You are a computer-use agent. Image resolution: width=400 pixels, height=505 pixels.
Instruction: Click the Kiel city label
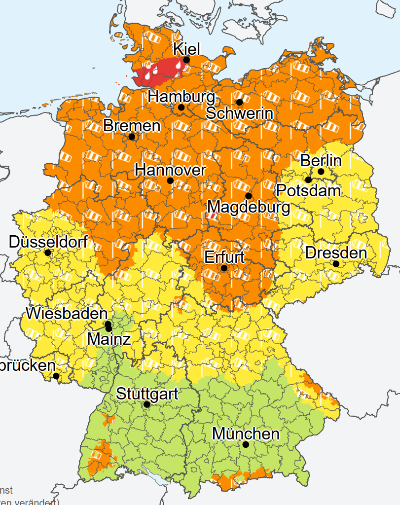[x=186, y=49]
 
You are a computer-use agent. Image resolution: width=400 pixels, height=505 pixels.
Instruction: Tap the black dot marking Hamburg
[x=181, y=107]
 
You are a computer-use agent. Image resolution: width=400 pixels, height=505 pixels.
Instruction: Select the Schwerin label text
[x=239, y=113]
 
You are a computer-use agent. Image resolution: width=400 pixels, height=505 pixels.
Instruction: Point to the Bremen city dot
[x=132, y=137]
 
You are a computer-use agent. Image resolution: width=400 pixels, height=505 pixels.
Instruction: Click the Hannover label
[x=170, y=171]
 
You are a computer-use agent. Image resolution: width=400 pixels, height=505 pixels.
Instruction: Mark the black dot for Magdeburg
[x=248, y=196]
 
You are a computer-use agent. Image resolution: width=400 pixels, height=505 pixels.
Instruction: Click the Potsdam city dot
[x=308, y=180]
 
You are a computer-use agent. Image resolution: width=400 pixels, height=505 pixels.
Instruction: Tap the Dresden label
[x=336, y=253]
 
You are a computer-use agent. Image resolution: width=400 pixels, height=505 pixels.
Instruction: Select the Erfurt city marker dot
[x=224, y=268]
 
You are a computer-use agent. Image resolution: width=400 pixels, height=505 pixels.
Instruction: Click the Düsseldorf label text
[x=48, y=242]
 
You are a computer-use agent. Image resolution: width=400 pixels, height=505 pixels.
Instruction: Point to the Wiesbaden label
[x=67, y=313]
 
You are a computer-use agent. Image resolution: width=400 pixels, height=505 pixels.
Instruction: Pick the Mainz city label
[x=109, y=339]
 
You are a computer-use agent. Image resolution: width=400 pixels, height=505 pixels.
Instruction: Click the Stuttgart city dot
[x=146, y=404]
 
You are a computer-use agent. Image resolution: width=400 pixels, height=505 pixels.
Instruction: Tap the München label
[x=246, y=434]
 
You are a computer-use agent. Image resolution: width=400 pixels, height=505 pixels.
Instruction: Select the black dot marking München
[x=246, y=444]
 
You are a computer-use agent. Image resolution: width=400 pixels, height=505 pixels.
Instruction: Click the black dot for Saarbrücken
[x=56, y=376]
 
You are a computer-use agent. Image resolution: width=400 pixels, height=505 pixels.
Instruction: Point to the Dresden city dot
[x=336, y=264]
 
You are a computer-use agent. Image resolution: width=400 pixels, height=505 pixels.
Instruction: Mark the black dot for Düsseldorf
[x=47, y=252]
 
